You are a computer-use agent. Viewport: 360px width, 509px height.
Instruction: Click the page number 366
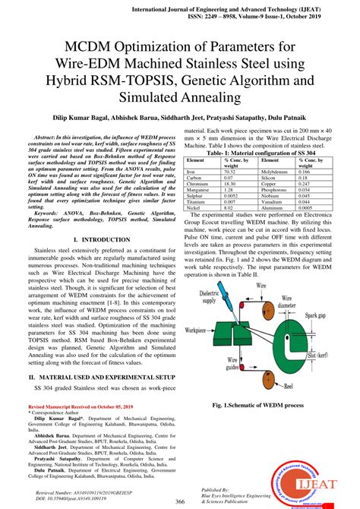[180, 501]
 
